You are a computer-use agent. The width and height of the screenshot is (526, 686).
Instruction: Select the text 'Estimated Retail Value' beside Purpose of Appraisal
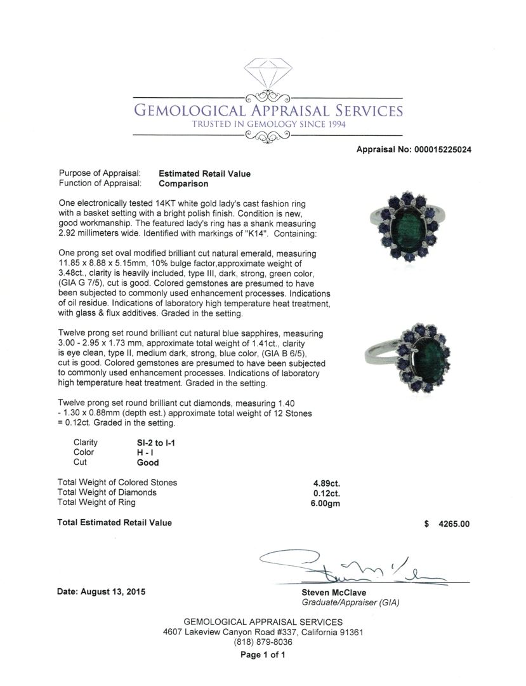click(x=204, y=173)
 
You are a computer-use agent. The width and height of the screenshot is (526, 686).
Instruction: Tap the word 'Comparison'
click(x=183, y=184)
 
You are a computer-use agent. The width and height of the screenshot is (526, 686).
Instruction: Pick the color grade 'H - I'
click(x=138, y=452)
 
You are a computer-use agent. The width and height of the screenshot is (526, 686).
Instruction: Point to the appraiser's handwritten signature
click(x=355, y=568)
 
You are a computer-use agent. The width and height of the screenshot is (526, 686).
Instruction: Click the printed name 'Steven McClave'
click(x=332, y=593)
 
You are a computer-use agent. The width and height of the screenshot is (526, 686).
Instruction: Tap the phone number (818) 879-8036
click(x=263, y=642)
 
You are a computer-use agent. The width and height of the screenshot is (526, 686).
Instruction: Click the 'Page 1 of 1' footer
click(x=263, y=655)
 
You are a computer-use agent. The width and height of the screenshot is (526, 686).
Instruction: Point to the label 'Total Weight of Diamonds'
click(x=107, y=492)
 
